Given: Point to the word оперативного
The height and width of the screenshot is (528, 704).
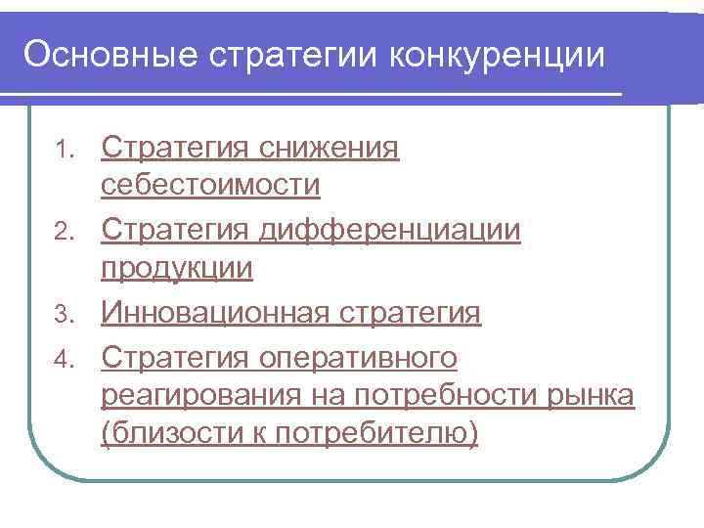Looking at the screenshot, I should tap(358, 358).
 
